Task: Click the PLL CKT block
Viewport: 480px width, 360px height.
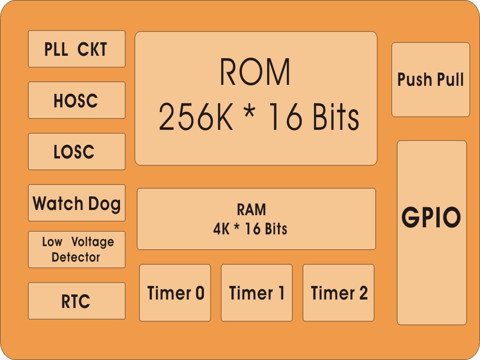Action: pos(76,49)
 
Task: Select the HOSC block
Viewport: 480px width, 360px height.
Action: pos(76,100)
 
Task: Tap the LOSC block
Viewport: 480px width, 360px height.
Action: pos(76,151)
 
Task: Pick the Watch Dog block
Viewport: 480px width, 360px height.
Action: pos(76,203)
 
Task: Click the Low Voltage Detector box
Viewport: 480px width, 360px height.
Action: pos(76,249)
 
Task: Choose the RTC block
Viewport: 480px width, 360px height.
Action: pos(76,301)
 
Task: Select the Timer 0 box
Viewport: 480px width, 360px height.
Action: pos(175,293)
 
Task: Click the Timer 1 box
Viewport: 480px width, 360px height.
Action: pos(256,293)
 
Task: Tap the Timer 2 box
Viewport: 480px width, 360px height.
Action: pos(338,293)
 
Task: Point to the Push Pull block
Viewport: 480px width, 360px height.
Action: pos(430,80)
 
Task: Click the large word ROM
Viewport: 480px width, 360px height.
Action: pos(255,72)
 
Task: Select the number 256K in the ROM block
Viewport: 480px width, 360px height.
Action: pos(195,117)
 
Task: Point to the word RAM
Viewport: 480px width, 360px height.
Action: pos(251,210)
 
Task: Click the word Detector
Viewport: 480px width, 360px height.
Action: pos(76,257)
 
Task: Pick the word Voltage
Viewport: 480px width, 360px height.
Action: pos(92,242)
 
